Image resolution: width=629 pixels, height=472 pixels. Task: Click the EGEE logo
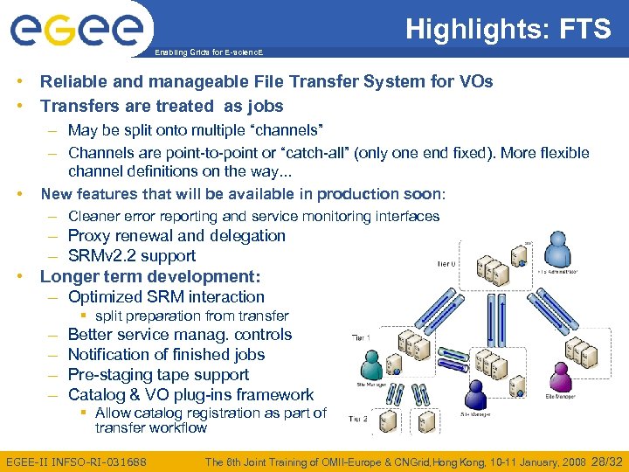coord(76,30)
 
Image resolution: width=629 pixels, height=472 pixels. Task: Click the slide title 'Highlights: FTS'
coord(508,30)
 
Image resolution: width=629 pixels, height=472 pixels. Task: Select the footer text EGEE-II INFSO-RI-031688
coord(76,461)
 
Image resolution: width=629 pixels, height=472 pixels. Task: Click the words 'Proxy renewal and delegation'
coord(176,236)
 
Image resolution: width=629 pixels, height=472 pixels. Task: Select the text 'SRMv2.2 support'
coord(131,256)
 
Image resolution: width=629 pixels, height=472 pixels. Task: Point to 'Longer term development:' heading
coord(150,276)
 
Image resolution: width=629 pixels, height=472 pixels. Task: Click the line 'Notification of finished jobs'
coord(166,355)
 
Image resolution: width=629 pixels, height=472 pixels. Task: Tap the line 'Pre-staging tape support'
coord(158,375)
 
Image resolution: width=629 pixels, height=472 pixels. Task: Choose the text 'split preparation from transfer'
coord(191,316)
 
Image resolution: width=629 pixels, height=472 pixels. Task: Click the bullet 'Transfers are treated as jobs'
coord(162,106)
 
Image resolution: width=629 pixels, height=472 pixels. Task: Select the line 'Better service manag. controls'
coord(179,335)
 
